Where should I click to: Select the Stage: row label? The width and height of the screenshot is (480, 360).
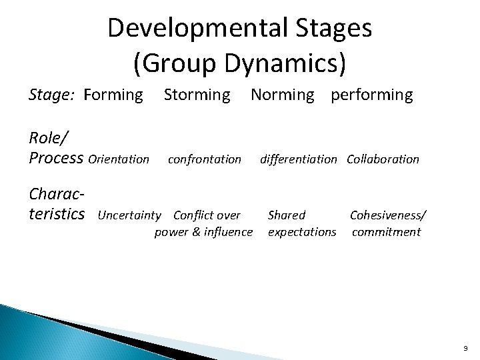(x=53, y=95)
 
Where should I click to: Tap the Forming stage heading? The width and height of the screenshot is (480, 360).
(x=113, y=95)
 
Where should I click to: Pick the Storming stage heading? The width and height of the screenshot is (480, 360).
(x=197, y=95)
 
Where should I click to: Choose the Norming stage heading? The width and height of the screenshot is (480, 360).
(x=282, y=95)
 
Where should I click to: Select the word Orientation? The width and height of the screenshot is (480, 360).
(x=119, y=159)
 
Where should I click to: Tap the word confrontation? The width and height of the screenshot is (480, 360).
(x=205, y=159)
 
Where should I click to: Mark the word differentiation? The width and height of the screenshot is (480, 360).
(x=298, y=159)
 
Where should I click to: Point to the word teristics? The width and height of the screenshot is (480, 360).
(x=57, y=214)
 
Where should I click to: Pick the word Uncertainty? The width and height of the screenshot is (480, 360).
(x=129, y=215)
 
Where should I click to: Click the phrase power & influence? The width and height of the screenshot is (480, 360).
(x=203, y=232)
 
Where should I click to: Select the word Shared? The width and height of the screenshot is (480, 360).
(x=286, y=215)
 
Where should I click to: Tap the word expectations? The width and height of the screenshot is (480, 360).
(x=302, y=232)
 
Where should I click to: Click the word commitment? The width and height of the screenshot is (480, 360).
(x=386, y=232)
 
